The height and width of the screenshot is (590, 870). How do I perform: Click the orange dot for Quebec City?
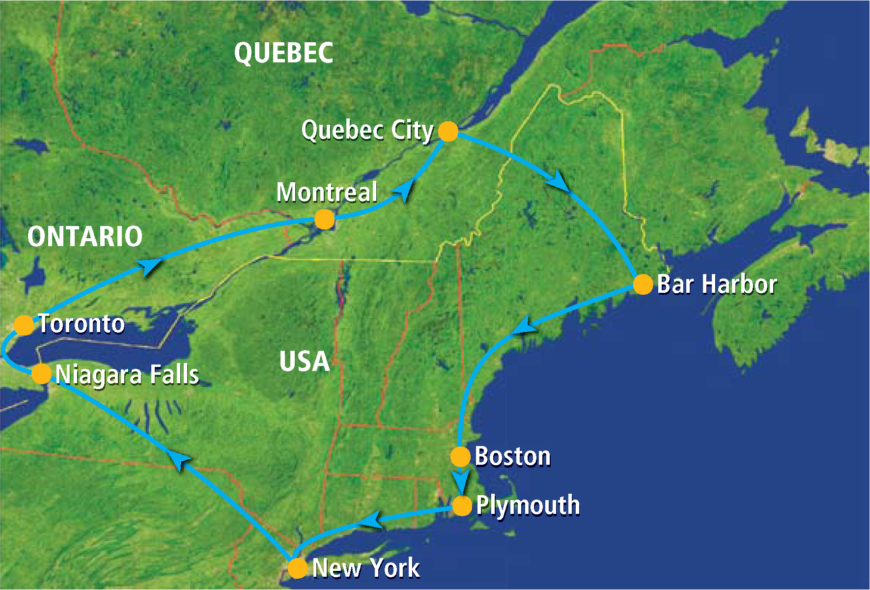(448, 131)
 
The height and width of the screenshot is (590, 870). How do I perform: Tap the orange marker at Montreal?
(324, 219)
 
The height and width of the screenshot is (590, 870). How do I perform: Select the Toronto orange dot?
(24, 325)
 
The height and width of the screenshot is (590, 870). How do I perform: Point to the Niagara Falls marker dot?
(41, 374)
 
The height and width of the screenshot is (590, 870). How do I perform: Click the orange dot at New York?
(297, 568)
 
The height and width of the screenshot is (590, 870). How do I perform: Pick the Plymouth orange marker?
(462, 506)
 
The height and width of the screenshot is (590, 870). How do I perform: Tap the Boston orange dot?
(460, 456)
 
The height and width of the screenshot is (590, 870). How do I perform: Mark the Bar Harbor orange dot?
(643, 284)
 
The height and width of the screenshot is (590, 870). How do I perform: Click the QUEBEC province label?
(283, 53)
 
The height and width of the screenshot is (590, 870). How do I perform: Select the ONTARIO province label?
(85, 236)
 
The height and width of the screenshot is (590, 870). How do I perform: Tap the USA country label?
(304, 362)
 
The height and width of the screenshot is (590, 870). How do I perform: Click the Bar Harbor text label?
(717, 284)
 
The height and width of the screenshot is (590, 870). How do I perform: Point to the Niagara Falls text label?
(127, 374)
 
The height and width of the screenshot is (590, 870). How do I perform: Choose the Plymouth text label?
(528, 506)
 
